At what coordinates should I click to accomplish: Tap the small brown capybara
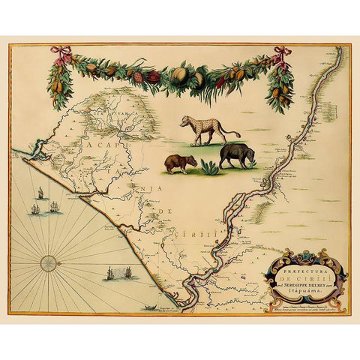coord(180,163)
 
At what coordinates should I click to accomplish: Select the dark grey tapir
coord(235,154)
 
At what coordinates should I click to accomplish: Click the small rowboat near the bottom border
coord(151,307)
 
